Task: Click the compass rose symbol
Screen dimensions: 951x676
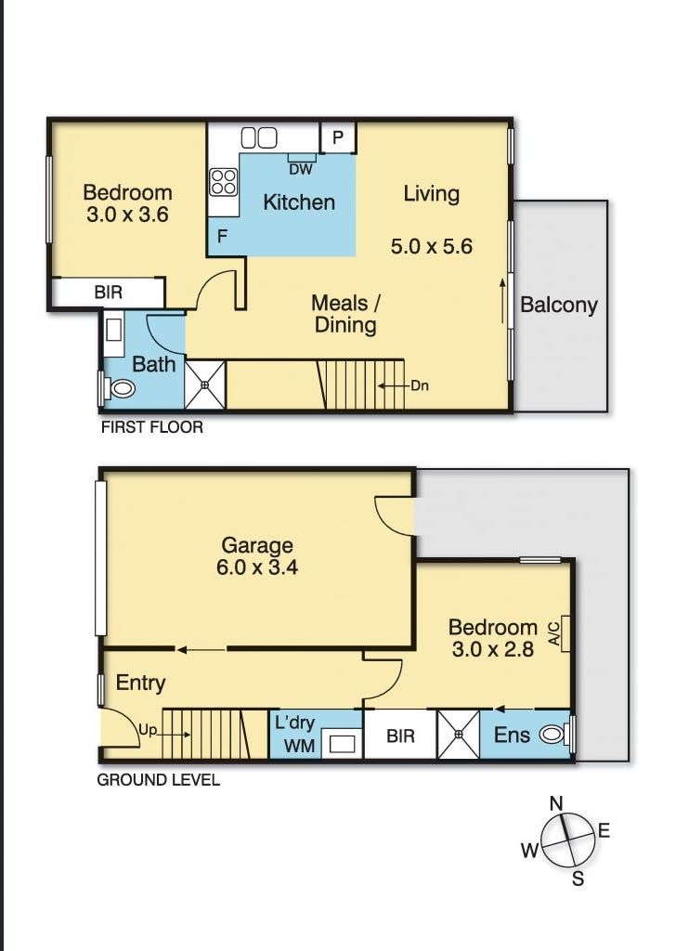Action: pos(565,840)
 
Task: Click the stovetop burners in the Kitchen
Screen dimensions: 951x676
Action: pos(223,180)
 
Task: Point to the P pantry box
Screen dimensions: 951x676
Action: pos(338,138)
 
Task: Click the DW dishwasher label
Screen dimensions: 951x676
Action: pos(300,168)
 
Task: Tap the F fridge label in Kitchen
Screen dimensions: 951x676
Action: pos(222,236)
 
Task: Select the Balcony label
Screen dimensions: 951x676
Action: pos(559,305)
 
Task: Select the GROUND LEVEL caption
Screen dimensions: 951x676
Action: pos(159,780)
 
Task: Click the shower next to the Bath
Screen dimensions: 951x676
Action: pos(205,384)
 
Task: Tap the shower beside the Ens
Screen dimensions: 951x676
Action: pos(458,735)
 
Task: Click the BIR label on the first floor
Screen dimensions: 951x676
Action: pos(108,293)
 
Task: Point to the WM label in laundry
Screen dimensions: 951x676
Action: pos(299,745)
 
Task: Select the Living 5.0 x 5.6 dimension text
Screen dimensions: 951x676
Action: pos(432,246)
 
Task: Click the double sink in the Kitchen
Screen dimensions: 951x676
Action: pos(259,137)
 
